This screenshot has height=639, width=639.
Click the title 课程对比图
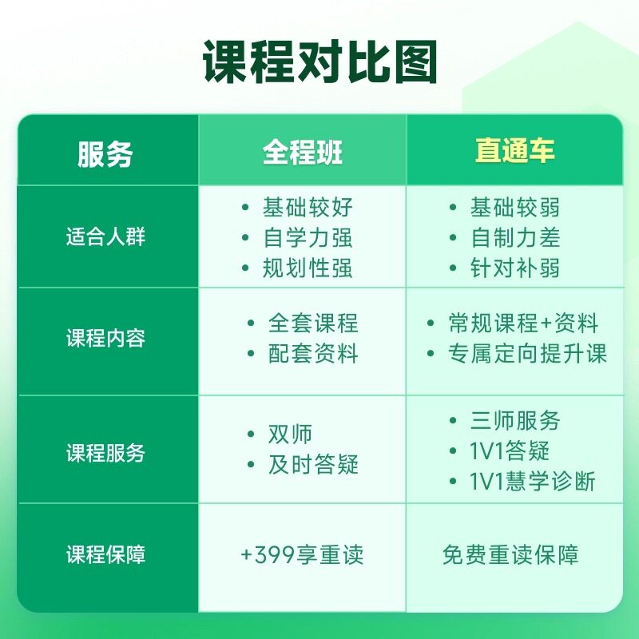click(x=320, y=62)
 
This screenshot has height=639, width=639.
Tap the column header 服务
click(x=105, y=154)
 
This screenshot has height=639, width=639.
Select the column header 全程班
click(x=303, y=152)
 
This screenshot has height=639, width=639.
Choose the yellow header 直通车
click(x=514, y=150)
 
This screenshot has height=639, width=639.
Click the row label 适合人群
click(x=105, y=236)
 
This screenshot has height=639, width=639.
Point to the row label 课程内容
click(x=105, y=338)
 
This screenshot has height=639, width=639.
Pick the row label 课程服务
click(x=105, y=453)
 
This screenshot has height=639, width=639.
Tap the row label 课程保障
click(x=105, y=554)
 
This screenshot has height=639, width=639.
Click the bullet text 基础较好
click(x=308, y=207)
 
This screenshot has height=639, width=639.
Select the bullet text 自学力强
click(x=308, y=237)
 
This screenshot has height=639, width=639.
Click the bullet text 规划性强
click(x=308, y=268)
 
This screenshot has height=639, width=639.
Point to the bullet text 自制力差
click(x=515, y=237)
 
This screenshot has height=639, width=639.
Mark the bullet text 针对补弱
click(x=515, y=268)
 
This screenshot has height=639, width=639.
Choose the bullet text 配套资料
click(x=313, y=353)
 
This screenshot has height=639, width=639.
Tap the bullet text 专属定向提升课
click(x=528, y=353)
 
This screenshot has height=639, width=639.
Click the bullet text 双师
click(x=290, y=434)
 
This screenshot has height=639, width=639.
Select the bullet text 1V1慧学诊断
click(x=532, y=481)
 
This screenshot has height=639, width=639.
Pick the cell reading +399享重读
click(x=302, y=554)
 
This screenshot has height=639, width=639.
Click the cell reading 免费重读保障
click(x=510, y=554)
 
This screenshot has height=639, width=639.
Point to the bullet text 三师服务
click(x=515, y=421)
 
